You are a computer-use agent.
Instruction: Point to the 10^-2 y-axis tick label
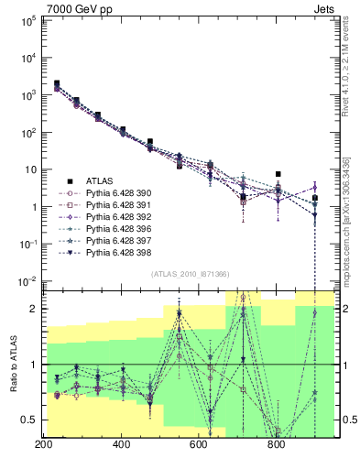pyautogui.click(x=25, y=281)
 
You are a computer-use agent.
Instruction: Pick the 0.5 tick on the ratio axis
pyautogui.click(x=27, y=420)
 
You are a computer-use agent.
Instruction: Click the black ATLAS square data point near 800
pyautogui.click(x=278, y=174)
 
